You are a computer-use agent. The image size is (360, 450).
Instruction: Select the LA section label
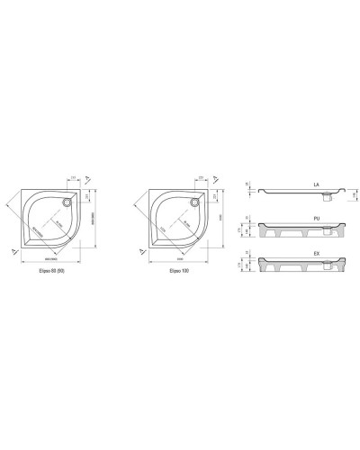(316, 184)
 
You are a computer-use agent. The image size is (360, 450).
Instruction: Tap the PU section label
(316, 216)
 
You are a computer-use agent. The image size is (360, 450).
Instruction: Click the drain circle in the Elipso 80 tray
(69, 202)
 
